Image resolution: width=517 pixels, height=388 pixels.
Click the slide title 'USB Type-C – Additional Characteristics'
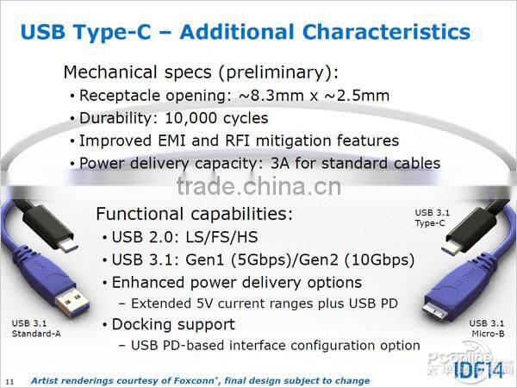(245, 33)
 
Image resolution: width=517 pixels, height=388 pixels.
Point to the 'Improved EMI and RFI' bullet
(239, 141)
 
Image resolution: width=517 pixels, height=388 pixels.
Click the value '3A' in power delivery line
(329, 163)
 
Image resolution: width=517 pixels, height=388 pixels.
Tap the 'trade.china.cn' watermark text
(258, 186)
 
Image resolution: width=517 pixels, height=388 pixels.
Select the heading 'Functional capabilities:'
(194, 214)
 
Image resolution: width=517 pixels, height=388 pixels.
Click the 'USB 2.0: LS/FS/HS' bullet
(185, 237)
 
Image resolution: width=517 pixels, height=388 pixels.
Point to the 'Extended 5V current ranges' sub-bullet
(264, 303)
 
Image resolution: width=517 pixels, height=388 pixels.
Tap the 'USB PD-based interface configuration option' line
(275, 345)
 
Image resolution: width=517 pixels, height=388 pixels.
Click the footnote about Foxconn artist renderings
(200, 380)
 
